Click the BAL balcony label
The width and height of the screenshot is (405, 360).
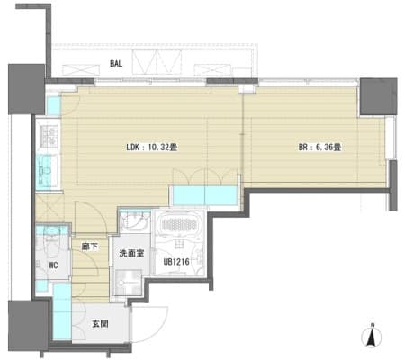116,64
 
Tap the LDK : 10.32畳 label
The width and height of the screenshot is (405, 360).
151,148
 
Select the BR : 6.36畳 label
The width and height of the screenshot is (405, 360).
319,148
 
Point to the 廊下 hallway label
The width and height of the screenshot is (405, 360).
90,247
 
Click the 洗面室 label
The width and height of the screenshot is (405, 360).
131,254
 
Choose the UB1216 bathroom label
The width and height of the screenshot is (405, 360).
176,262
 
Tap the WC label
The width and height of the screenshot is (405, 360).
53,265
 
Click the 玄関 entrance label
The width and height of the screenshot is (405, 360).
100,324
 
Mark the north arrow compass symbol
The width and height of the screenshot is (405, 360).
372,336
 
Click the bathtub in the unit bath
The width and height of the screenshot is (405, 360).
179,224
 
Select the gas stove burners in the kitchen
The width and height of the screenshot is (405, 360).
49,136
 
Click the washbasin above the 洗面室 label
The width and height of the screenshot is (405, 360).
135,221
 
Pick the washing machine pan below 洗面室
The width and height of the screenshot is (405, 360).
129,282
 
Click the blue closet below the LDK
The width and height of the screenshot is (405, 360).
205,196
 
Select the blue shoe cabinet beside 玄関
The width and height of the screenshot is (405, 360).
62,311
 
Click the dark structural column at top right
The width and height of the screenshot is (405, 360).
379,96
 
